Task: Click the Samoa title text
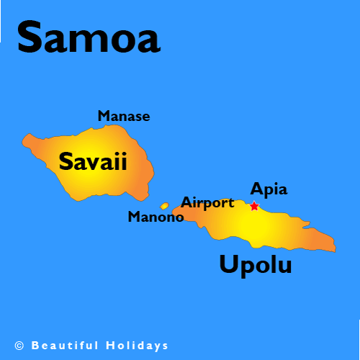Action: click(x=88, y=37)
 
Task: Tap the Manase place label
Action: click(x=124, y=115)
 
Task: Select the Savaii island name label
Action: click(x=93, y=161)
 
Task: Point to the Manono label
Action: click(x=156, y=217)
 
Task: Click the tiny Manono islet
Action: click(x=164, y=206)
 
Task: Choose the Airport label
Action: click(x=207, y=202)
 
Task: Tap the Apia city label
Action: click(x=269, y=190)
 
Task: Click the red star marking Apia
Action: click(x=254, y=206)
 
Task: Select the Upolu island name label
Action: click(x=256, y=265)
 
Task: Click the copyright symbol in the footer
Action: click(x=19, y=346)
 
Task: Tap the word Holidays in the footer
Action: click(x=141, y=346)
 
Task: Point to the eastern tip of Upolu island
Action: click(x=334, y=249)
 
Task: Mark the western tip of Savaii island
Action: click(x=23, y=138)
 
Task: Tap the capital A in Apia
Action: click(x=256, y=189)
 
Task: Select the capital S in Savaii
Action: click(x=66, y=161)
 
